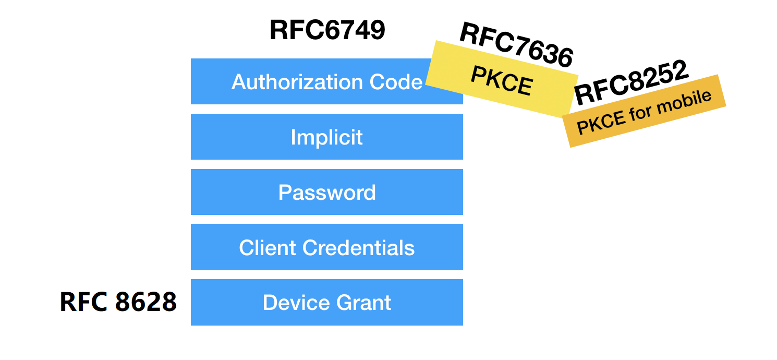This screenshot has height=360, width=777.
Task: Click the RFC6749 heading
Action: [327, 30]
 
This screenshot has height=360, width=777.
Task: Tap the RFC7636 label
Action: [516, 46]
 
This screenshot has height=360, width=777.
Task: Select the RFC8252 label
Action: [632, 83]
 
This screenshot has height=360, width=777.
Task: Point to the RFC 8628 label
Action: [118, 302]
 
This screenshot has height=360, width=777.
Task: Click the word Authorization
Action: [297, 82]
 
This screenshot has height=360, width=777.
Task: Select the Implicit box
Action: [327, 137]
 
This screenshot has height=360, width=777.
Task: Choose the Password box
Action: [327, 192]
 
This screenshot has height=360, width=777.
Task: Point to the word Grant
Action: [363, 303]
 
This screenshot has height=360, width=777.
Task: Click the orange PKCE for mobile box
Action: [645, 111]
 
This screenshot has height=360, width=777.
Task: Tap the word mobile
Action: [689, 101]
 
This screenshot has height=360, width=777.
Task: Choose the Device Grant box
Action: [327, 303]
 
